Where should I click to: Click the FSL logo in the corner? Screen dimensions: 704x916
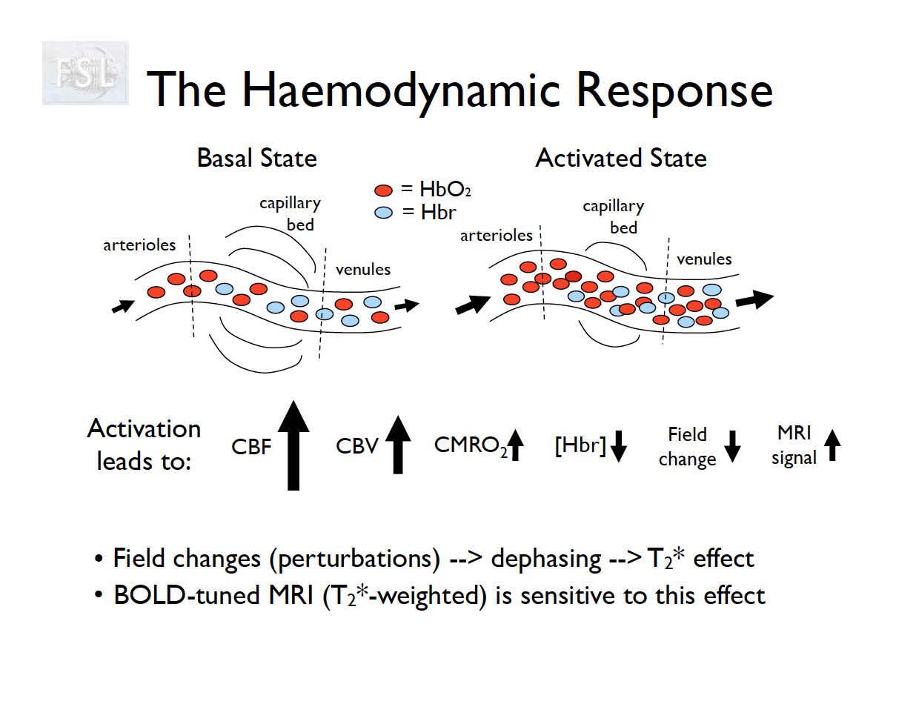pyautogui.click(x=85, y=73)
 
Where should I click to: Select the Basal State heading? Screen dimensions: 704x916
pyautogui.click(x=256, y=158)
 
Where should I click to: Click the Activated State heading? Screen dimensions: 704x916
pyautogui.click(x=620, y=158)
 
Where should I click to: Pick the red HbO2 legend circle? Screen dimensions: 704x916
pyautogui.click(x=383, y=191)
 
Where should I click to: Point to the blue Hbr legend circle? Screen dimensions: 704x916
pyautogui.click(x=383, y=213)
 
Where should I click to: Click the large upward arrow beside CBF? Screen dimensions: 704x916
pyautogui.click(x=293, y=445)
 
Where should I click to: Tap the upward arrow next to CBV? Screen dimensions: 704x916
pyautogui.click(x=398, y=445)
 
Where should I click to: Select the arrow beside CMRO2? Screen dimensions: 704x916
pyautogui.click(x=517, y=446)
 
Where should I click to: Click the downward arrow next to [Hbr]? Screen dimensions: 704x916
pyautogui.click(x=618, y=447)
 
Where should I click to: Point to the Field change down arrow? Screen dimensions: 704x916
pyautogui.click(x=732, y=446)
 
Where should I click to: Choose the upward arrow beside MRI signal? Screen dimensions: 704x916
pyautogui.click(x=832, y=446)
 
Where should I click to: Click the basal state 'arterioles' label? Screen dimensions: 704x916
pyautogui.click(x=139, y=245)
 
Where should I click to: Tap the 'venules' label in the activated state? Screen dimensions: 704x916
pyautogui.click(x=704, y=259)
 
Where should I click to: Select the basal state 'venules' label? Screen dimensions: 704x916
pyautogui.click(x=362, y=269)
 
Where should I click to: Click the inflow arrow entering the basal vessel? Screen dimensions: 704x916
pyautogui.click(x=123, y=305)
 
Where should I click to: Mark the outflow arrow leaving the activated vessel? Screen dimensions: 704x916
pyautogui.click(x=754, y=299)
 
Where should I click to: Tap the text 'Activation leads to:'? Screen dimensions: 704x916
pyautogui.click(x=145, y=445)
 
